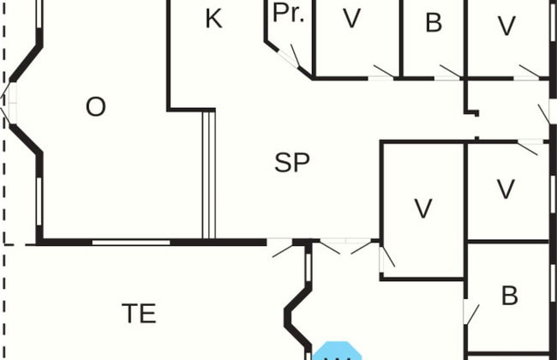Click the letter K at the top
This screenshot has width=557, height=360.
click(214, 19)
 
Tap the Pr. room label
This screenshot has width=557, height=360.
click(290, 15)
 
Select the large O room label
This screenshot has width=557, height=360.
click(96, 107)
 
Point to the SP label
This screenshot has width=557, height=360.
click(291, 163)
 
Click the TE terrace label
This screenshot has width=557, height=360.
click(139, 314)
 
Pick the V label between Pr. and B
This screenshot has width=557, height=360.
click(351, 20)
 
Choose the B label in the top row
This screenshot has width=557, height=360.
click(434, 23)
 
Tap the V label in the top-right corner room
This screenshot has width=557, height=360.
click(507, 26)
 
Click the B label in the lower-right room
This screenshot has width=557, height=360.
click(510, 297)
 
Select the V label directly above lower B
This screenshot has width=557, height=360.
click(506, 187)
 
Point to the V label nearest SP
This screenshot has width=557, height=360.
click(422, 208)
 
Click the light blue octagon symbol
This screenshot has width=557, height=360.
click(337, 352)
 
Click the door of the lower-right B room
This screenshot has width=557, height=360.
click(470, 310)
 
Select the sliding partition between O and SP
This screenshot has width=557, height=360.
click(207, 176)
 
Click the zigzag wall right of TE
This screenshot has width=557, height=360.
click(296, 309)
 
